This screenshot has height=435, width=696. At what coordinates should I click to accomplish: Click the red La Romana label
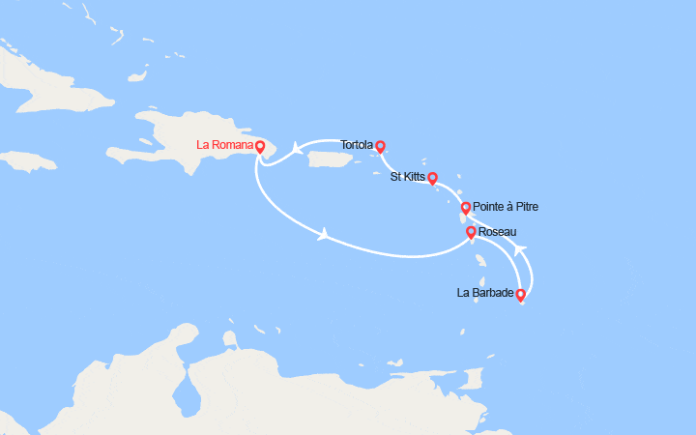point(223,146)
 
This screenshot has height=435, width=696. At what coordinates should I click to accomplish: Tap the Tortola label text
point(357,146)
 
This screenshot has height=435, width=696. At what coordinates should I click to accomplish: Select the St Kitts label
point(407,177)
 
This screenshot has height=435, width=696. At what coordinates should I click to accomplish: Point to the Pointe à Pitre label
point(507,207)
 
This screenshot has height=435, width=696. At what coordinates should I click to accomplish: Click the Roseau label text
point(498,232)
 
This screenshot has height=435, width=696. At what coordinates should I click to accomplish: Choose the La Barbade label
point(485,293)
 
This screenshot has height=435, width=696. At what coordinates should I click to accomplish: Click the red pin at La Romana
point(260,146)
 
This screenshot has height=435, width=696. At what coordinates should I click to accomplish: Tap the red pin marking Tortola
point(380,146)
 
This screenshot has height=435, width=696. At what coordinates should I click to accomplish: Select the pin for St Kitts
point(432,177)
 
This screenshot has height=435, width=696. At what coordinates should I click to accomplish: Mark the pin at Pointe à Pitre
point(465,207)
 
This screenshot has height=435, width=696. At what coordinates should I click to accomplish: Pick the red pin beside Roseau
point(471,232)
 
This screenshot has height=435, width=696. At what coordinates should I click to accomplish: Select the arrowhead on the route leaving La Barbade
point(520,250)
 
